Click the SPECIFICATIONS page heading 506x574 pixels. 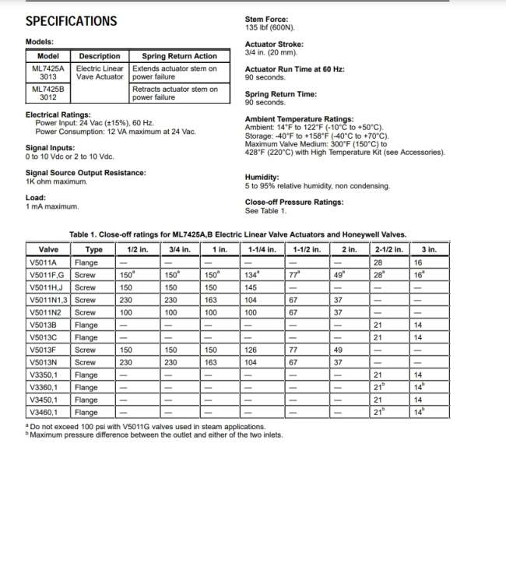(x=71, y=21)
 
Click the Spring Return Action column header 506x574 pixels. (x=179, y=56)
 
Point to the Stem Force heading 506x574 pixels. (x=266, y=19)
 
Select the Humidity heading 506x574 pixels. (x=262, y=177)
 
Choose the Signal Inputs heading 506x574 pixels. (x=50, y=148)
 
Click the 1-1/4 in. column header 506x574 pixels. (x=262, y=249)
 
